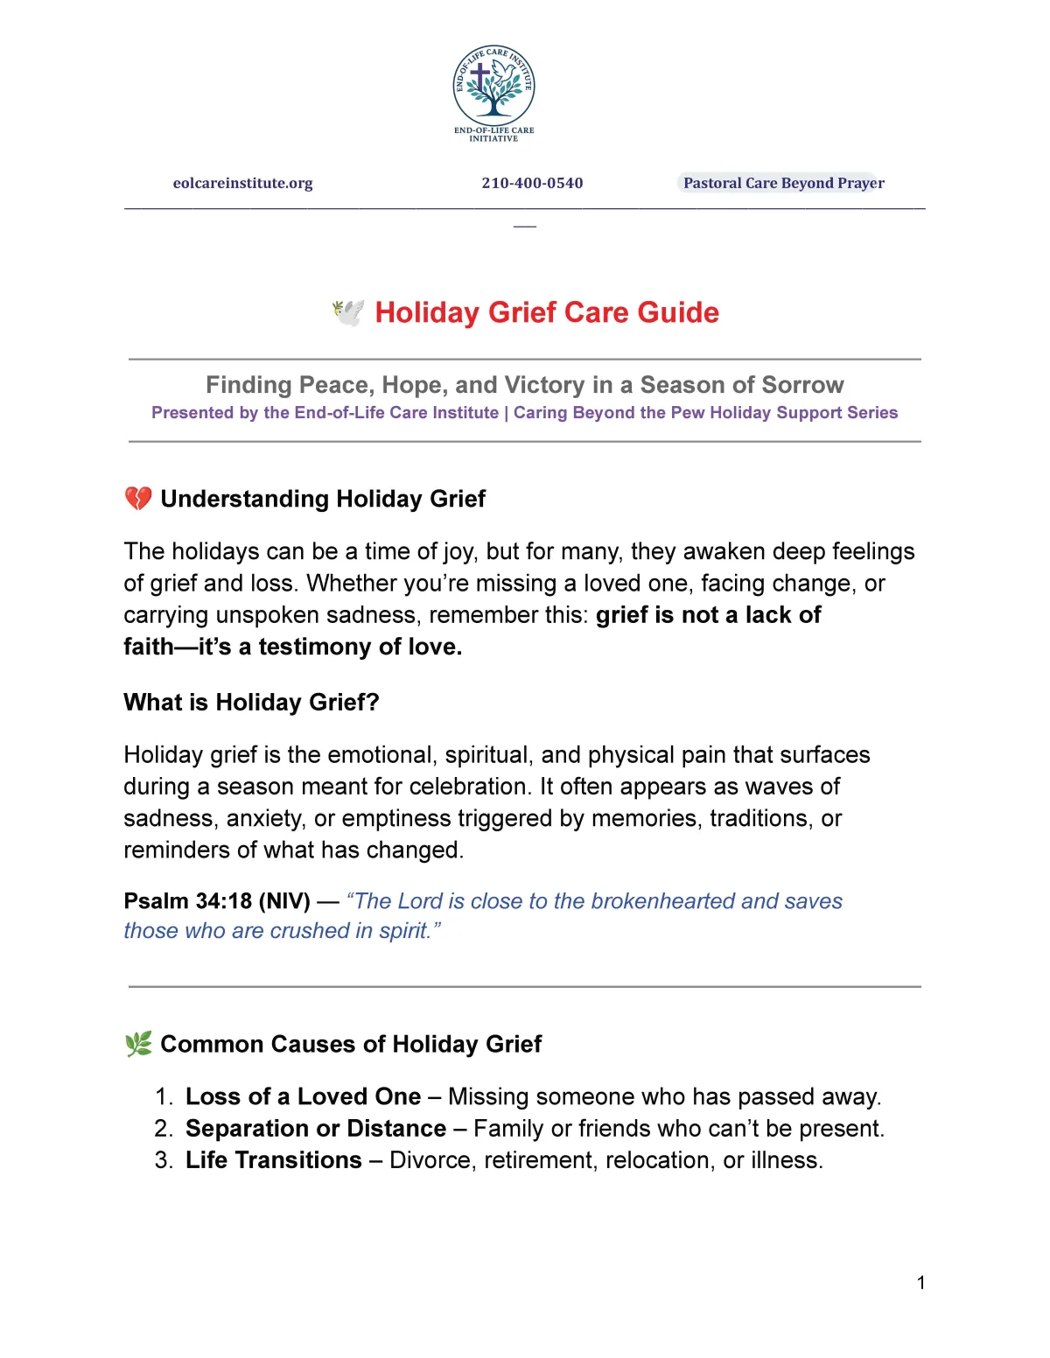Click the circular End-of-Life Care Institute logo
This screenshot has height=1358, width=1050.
coord(493,87)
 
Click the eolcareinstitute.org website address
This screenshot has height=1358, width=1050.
coord(242,183)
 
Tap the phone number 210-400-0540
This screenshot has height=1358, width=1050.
coord(532,183)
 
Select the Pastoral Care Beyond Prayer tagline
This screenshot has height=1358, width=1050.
coord(783,183)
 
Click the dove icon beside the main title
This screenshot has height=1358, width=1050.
coord(348,312)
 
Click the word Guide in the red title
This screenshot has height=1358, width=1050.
coord(678,312)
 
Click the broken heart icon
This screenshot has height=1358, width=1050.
coord(138,499)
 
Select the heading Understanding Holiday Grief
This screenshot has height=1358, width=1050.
coord(323,499)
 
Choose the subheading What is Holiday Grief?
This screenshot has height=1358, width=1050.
coord(251,702)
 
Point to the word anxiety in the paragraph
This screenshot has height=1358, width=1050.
coord(262,818)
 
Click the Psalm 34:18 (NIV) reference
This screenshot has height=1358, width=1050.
coord(217,901)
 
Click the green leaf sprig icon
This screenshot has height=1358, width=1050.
coord(138,1044)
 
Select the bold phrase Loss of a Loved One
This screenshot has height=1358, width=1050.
coord(303,1096)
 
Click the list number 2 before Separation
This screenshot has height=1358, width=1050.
coord(163,1129)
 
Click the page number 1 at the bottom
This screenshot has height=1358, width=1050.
coord(920,1283)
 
